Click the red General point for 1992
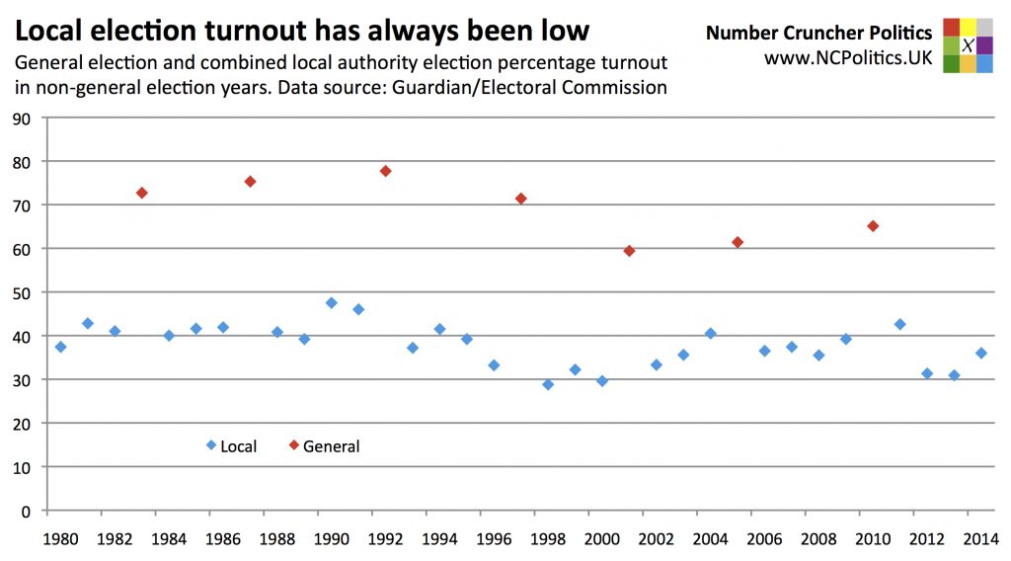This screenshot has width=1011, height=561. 385,171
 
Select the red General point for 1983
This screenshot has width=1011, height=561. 142,193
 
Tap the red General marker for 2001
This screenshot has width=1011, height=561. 629,251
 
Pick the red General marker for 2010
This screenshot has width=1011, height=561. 873,226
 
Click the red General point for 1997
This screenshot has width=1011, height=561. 520,199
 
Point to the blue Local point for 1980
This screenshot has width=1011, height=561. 61,347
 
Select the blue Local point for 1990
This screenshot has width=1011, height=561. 332,303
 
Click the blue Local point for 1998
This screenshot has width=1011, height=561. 548,384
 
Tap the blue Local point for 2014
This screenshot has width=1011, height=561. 980,353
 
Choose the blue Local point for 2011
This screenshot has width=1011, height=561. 899,324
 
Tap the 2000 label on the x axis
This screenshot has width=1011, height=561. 602,539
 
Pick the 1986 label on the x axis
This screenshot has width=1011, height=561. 223,539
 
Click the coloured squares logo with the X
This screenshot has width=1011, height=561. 968,44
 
